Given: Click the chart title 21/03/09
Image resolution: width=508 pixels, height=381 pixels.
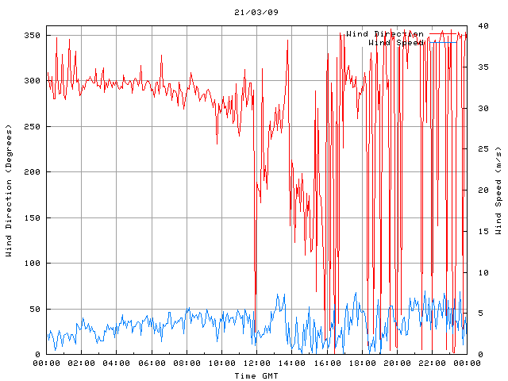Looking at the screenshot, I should coord(256,13).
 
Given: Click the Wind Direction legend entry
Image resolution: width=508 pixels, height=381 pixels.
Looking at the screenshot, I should coord(385,34).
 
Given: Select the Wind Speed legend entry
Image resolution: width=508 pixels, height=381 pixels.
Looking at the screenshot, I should coord(396,43).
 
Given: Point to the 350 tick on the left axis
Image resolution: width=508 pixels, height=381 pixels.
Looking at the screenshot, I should coord(32,36).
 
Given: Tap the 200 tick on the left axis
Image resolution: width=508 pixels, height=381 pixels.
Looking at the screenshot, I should coord(32,172).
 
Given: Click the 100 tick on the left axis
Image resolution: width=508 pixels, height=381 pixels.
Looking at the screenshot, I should coord(32,264).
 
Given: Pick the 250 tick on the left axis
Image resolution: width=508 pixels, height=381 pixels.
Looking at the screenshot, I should coord(32,127).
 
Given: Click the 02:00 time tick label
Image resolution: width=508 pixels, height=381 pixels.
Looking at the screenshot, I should coord(82,364).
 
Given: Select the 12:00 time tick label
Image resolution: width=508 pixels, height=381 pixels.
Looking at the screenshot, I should coord(256,364).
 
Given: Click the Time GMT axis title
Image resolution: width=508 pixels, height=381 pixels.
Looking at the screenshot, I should coord(256,375).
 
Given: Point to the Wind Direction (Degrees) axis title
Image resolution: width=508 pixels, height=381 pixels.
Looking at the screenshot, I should coord(9,190).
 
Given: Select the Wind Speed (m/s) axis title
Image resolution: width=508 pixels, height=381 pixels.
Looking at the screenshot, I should coord(498,190).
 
